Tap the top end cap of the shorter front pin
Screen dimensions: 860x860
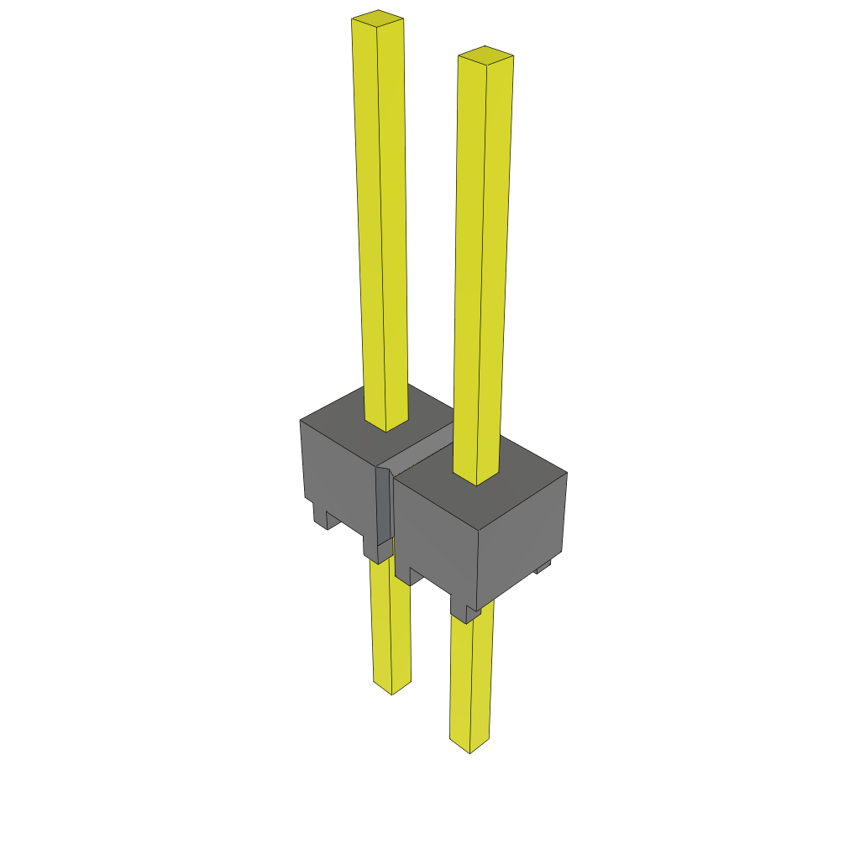pos(485,55)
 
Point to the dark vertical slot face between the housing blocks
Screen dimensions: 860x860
pos(383,504)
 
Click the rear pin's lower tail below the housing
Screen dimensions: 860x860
pos(391,621)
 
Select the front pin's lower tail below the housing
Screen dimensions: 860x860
pos(471,680)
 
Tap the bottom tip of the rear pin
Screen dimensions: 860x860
pos(392,688)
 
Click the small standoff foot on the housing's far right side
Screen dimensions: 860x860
pos(543,569)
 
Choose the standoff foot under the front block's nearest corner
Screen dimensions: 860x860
pos(464,611)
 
